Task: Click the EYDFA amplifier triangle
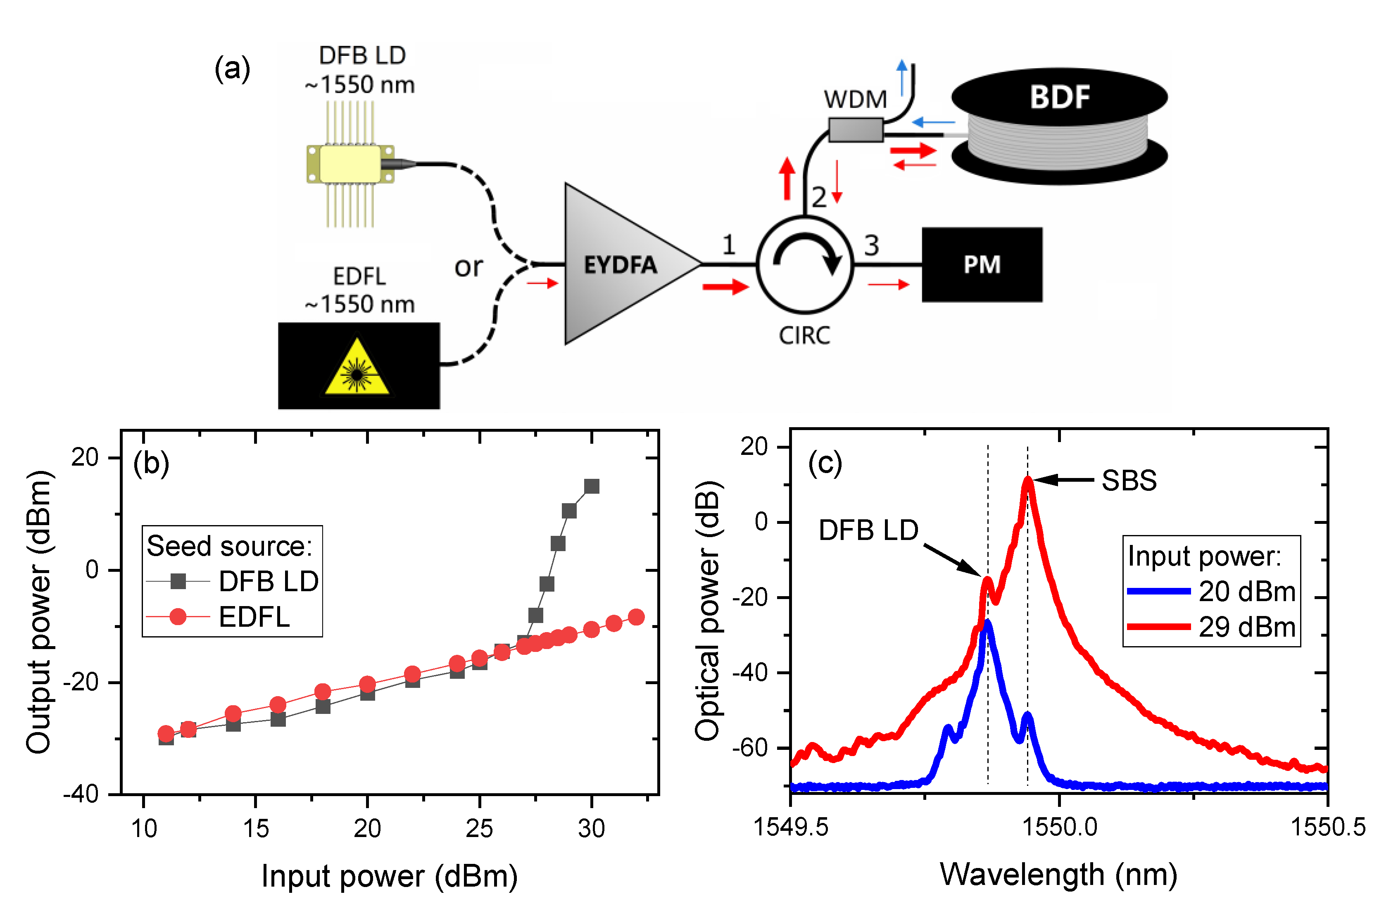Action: click(621, 265)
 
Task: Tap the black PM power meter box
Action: click(982, 265)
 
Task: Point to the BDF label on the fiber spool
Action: click(1059, 97)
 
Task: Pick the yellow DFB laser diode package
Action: click(350, 164)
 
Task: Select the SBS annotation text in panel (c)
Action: click(1129, 480)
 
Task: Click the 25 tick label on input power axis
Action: click(480, 828)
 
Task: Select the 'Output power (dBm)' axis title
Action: click(39, 612)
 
